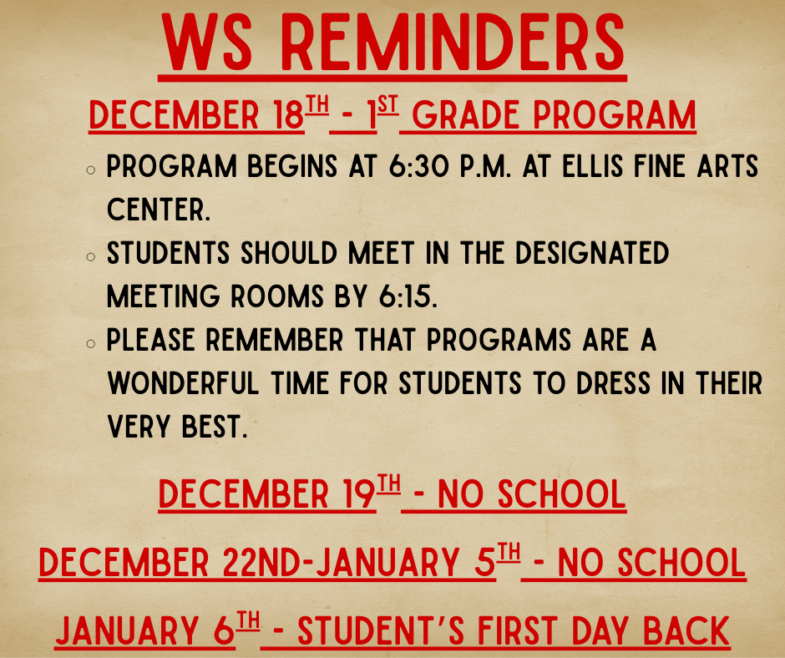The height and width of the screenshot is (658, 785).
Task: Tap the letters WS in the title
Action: pyautogui.click(x=208, y=43)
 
